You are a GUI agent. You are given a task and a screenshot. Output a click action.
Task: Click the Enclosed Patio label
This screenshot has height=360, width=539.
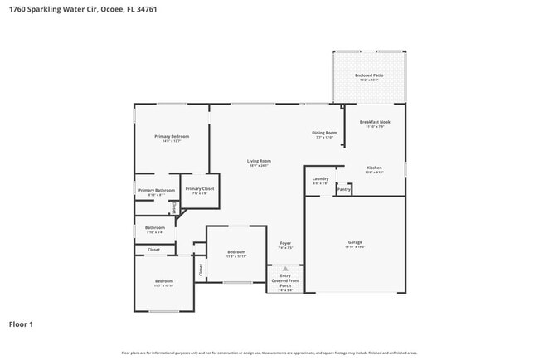point(369,75)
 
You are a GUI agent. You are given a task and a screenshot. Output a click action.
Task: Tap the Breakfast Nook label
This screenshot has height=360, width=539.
point(375,122)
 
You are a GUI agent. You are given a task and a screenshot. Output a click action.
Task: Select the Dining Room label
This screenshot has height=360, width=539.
point(324,133)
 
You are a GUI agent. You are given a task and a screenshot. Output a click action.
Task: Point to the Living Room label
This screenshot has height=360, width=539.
point(259,161)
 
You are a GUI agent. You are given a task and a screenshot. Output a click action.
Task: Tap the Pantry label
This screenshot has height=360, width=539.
point(343,190)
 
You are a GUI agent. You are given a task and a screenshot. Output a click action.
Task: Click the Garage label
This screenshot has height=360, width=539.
point(355,242)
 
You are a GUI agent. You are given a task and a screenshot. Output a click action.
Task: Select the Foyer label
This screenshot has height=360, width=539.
point(285,243)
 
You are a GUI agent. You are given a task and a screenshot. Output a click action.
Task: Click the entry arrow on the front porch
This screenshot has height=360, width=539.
point(285,269)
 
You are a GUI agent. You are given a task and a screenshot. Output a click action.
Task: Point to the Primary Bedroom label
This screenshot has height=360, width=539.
point(172,136)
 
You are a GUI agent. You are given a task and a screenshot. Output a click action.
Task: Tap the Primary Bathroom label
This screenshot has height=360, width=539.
point(156,190)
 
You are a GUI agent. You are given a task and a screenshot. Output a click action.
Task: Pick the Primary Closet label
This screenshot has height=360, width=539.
point(199,189)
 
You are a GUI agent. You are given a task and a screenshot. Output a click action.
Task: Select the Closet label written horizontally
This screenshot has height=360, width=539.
point(154,250)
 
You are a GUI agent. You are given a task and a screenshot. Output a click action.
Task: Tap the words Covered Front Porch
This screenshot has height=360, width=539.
point(285,283)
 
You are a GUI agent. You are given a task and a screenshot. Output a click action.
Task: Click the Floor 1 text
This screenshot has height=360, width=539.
point(21,324)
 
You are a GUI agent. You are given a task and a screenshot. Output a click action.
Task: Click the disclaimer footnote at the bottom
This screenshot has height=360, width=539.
point(269,353)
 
